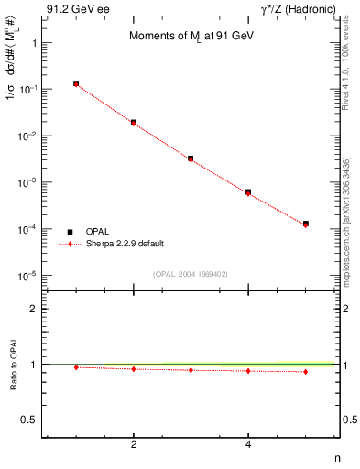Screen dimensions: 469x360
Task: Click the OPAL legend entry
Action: pos(98,231)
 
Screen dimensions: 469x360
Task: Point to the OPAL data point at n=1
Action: pos(76,83)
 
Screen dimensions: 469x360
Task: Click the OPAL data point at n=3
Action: pos(191,158)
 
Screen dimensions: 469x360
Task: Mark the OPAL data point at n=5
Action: pos(306,224)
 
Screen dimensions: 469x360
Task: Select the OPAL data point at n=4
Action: pos(248,191)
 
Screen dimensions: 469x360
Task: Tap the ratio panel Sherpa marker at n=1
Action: pos(76,367)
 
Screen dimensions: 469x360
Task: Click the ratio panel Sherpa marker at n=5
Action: pos(306,372)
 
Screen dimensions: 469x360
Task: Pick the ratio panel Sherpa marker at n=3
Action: pos(191,370)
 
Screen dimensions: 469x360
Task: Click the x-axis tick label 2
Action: pos(134,445)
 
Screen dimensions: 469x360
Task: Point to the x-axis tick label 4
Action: pos(248,445)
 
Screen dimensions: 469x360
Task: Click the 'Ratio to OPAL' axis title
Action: pos(12,365)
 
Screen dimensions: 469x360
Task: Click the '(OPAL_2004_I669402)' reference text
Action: pos(190,273)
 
